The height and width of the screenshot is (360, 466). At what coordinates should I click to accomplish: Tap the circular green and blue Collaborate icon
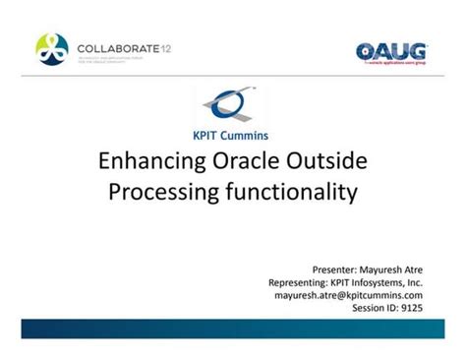52,49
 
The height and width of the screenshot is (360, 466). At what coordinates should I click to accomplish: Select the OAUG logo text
390,50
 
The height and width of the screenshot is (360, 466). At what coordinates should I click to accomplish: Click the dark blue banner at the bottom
233,328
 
